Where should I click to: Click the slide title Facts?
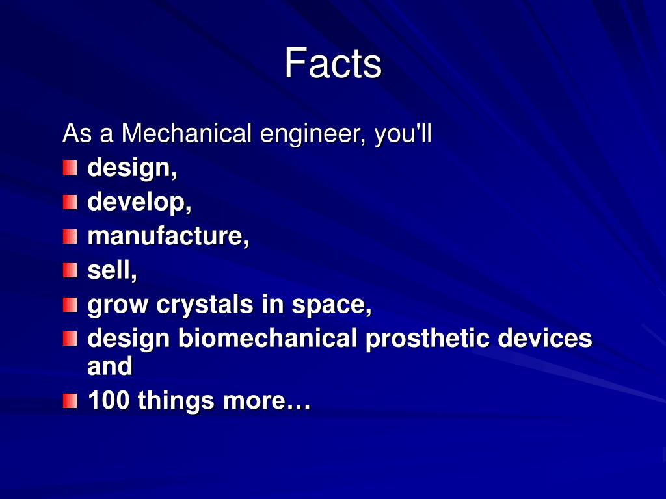click(332, 64)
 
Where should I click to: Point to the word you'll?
click(403, 134)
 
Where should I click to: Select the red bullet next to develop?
click(70, 203)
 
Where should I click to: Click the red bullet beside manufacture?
click(70, 237)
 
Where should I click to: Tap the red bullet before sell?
click(70, 270)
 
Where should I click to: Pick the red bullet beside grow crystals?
click(70, 304)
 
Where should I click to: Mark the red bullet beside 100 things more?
click(70, 401)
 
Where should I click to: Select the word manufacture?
click(166, 236)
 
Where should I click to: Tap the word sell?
click(110, 270)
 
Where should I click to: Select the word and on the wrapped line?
click(110, 366)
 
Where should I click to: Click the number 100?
click(108, 400)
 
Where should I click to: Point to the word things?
click(176, 400)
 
